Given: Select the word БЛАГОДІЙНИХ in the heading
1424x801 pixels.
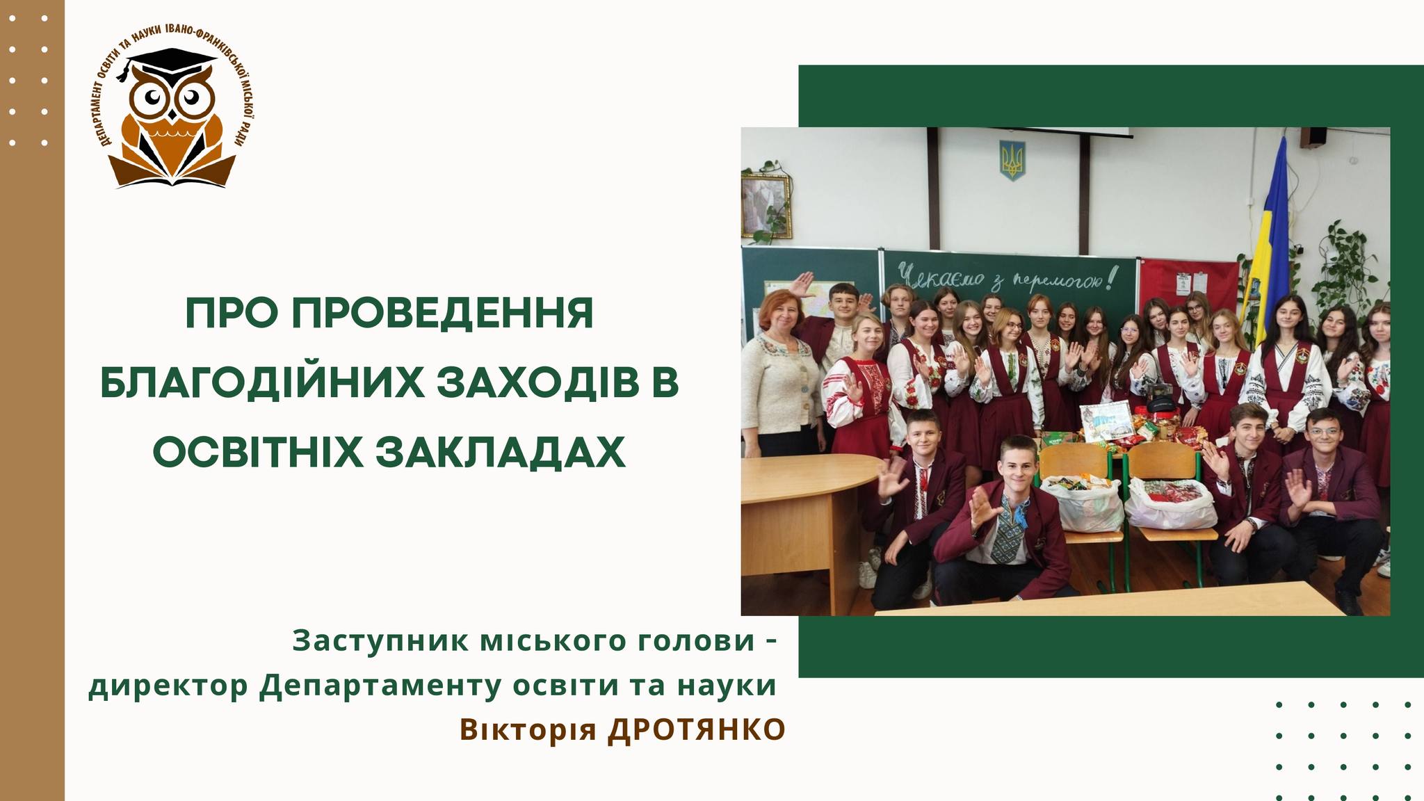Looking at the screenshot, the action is coord(262,384).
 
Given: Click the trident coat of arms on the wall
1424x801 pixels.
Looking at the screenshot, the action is coord(1012,160).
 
